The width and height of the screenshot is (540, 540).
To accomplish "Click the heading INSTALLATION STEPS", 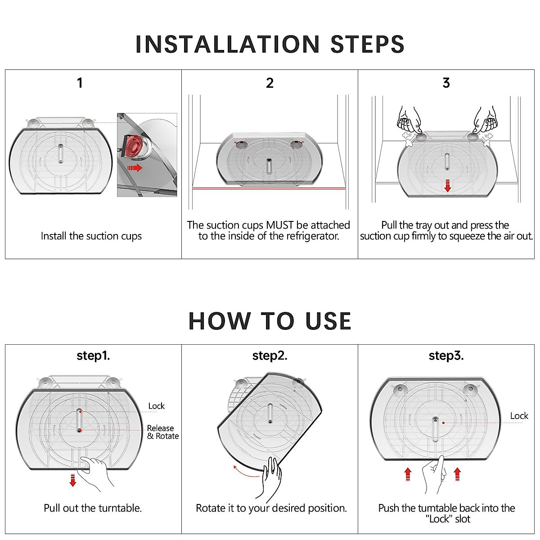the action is (x=270, y=44).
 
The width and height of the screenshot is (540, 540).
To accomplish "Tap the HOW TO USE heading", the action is (x=270, y=321).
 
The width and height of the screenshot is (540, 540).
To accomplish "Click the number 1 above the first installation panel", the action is (x=80, y=83).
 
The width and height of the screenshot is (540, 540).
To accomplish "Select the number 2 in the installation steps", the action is (x=270, y=83).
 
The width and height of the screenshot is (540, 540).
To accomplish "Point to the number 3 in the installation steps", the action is (x=446, y=83).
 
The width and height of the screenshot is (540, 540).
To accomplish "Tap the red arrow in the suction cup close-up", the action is (x=135, y=168).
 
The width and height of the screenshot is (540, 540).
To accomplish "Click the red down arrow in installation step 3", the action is (x=447, y=185).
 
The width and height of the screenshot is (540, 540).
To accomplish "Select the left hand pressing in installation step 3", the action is (x=409, y=120).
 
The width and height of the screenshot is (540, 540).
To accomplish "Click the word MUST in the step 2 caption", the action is (x=279, y=225).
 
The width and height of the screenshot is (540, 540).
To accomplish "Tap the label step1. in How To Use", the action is (x=93, y=356).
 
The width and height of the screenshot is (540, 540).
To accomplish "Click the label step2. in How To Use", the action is (x=270, y=356).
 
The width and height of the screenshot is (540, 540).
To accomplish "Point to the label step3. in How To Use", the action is (x=446, y=356).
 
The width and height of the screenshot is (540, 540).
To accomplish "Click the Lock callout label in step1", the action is (x=156, y=406).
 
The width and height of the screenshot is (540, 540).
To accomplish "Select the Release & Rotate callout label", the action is (x=163, y=432).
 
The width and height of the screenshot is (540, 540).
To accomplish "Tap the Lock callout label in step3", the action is (x=519, y=416).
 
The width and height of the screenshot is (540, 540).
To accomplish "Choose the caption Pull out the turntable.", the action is (x=93, y=508).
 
